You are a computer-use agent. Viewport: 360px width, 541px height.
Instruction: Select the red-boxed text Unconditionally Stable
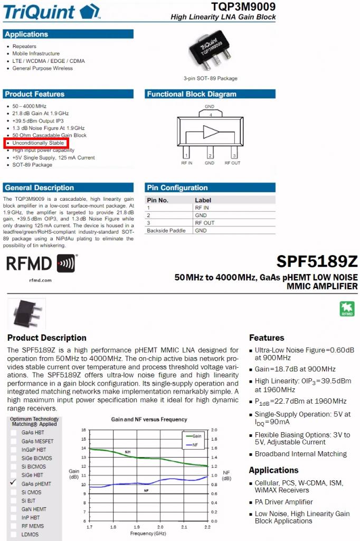(x=38, y=143)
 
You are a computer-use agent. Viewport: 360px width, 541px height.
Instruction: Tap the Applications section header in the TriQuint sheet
(x=26, y=34)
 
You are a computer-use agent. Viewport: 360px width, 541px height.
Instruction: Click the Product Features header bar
(x=34, y=94)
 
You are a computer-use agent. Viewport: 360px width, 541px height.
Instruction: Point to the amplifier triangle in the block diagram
(x=211, y=132)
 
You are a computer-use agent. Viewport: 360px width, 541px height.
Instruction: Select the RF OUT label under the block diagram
(x=232, y=163)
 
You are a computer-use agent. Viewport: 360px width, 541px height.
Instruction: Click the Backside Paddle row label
(x=166, y=230)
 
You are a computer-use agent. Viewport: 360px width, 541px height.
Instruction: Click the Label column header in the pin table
(x=203, y=200)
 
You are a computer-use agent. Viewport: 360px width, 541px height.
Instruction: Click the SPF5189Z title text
(x=317, y=262)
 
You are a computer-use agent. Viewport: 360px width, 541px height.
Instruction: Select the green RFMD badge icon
(x=347, y=309)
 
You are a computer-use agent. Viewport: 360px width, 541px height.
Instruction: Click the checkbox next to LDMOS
(x=14, y=535)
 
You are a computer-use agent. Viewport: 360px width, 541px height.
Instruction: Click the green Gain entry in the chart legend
(x=193, y=436)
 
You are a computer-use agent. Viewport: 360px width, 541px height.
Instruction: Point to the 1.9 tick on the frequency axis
(x=137, y=527)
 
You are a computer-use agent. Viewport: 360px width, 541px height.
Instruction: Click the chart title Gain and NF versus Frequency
(x=149, y=419)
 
